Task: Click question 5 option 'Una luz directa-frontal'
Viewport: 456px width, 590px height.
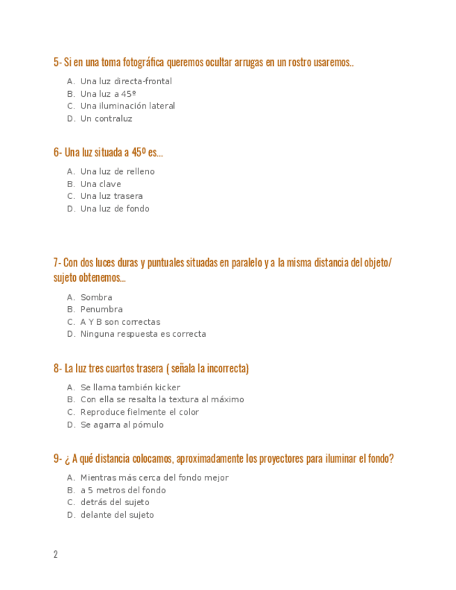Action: (x=126, y=81)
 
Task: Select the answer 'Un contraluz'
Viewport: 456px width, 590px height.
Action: (x=106, y=119)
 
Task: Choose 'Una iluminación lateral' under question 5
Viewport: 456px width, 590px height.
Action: (x=127, y=106)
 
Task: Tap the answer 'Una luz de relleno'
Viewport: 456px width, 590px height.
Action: (x=117, y=172)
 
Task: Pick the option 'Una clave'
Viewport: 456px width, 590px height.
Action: (x=100, y=184)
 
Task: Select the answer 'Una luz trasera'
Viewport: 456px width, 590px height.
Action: (x=111, y=196)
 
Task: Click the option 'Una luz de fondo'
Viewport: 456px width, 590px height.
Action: (x=114, y=209)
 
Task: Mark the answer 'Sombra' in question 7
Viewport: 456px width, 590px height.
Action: (x=96, y=298)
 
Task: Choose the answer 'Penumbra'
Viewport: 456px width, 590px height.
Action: (x=101, y=310)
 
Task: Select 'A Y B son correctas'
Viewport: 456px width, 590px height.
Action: (x=120, y=322)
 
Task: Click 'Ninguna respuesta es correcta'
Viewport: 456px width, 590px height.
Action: (x=143, y=334)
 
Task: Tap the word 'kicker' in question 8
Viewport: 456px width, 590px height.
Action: (x=167, y=388)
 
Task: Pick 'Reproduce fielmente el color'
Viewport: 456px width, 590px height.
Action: (x=139, y=413)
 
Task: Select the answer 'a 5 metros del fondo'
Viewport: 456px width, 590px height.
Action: (x=123, y=491)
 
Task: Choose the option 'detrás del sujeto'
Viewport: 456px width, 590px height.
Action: (x=114, y=502)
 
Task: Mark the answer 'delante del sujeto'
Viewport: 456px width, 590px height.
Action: (x=117, y=515)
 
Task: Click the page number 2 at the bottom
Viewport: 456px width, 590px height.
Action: (x=56, y=555)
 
